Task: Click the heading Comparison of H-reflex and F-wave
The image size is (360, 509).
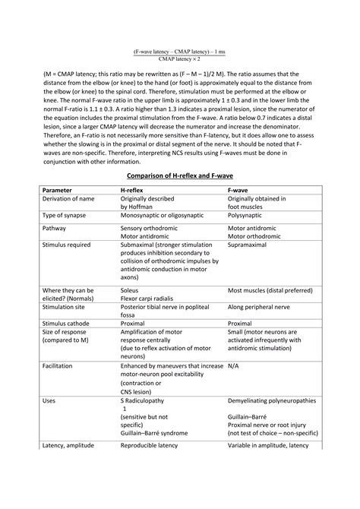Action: pyautogui.click(x=179, y=197)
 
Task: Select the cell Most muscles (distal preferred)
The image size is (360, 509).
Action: pyautogui.click(x=271, y=311)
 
